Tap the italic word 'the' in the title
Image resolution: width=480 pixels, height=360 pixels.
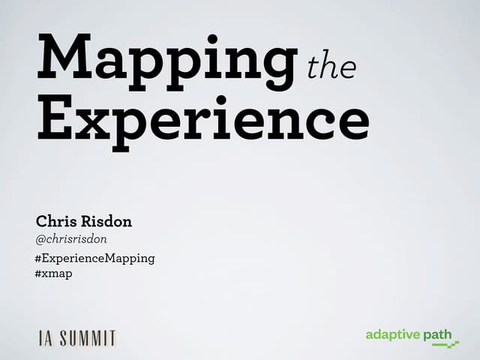point(331,68)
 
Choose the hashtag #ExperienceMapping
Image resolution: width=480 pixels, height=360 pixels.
point(94,258)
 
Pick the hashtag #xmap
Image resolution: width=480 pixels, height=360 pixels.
point(53,274)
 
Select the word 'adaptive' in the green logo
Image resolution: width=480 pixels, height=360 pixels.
point(392,334)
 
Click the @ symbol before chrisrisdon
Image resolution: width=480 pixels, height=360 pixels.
point(40,239)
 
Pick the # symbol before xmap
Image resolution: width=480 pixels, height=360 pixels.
point(38,274)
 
